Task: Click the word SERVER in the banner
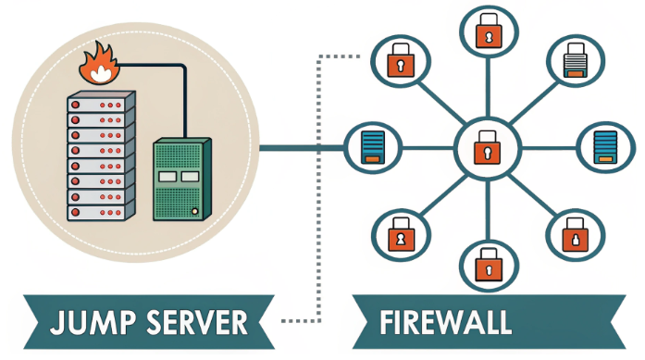click(195, 322)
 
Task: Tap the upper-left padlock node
click(400, 62)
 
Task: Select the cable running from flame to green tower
click(167, 67)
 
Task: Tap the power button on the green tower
click(195, 211)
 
